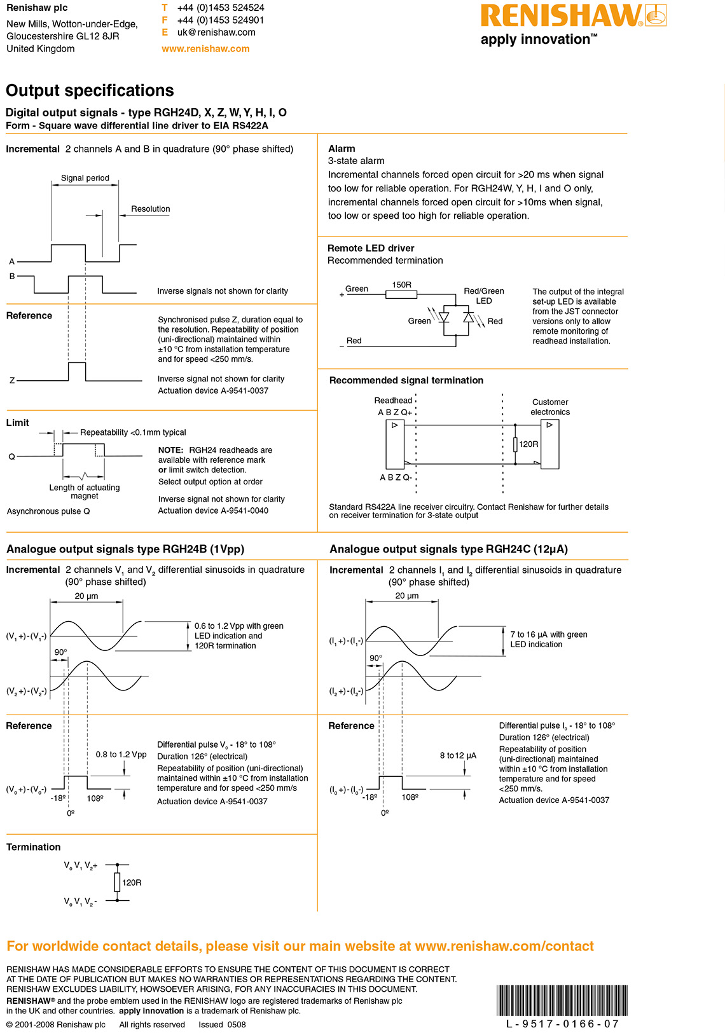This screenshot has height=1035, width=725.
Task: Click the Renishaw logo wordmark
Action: coord(562,16)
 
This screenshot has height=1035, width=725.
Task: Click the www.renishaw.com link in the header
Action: coord(205,48)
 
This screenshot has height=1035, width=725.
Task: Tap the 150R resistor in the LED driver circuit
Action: coord(401,294)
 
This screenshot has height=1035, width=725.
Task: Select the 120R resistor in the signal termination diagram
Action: coord(515,444)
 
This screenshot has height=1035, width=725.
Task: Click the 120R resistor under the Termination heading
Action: coord(117,882)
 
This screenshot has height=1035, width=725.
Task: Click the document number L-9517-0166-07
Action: coord(562,1024)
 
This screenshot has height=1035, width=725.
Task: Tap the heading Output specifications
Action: coord(90,90)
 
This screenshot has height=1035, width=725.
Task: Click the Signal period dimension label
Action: coord(85,178)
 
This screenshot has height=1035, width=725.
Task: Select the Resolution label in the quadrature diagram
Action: coord(150,209)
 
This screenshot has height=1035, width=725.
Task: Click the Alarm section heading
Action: coord(342,148)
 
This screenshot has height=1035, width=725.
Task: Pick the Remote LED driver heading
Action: coord(371,248)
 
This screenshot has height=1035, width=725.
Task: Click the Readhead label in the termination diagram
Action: coord(393,401)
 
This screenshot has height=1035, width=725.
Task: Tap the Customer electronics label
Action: coord(550,407)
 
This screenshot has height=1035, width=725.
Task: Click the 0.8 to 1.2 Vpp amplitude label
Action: coord(121,755)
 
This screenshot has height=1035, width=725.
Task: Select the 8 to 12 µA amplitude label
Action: coord(458,755)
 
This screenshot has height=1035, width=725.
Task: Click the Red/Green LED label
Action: coord(483,296)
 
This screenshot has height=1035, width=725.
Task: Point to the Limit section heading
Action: coord(18,423)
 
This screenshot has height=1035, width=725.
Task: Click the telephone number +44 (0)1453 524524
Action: coord(221,8)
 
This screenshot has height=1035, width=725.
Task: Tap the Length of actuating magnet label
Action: coord(85,491)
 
